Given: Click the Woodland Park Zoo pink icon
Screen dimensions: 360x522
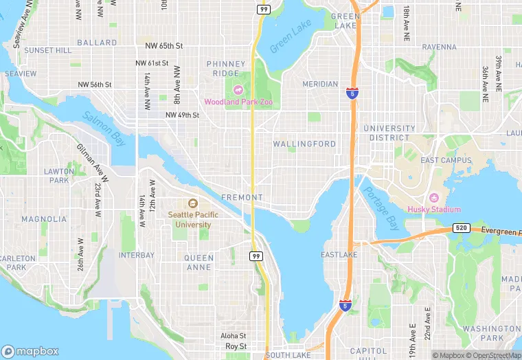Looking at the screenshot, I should [238, 89].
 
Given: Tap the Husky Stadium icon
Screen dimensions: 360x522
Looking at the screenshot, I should [433, 198].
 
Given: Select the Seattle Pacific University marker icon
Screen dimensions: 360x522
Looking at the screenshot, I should [193, 203].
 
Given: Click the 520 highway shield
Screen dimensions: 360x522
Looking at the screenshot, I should [461, 227].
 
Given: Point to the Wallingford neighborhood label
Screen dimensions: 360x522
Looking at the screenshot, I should [304, 144].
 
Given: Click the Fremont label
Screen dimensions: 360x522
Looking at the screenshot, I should [242, 197].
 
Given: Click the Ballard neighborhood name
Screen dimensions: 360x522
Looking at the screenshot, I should [97, 43].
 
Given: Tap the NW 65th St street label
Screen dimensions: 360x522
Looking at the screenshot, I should [164, 46].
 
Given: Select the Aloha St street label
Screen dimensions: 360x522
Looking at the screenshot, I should [233, 336].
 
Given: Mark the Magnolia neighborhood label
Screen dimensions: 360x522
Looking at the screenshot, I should [44, 219].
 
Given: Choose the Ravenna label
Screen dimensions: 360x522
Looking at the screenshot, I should [439, 47].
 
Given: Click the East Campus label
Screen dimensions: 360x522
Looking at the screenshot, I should [446, 160].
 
